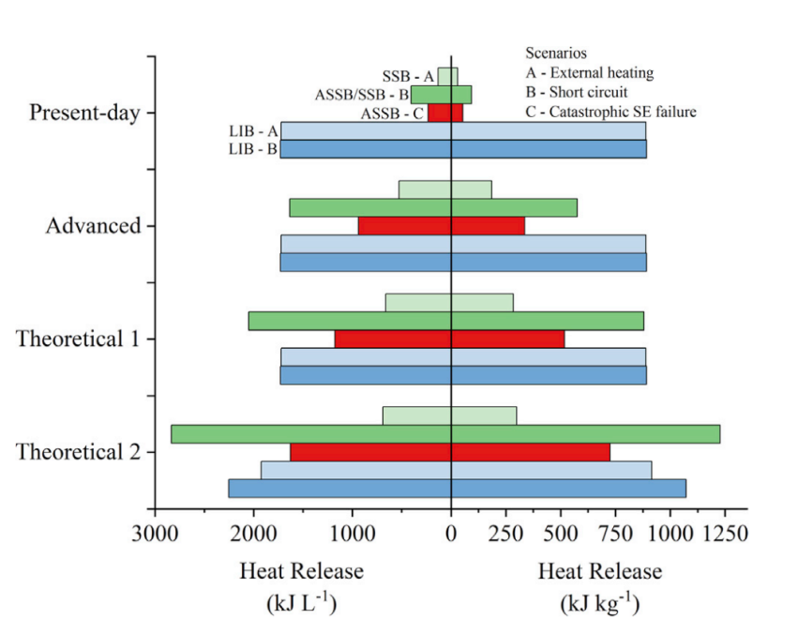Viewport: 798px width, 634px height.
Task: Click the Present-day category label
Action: tap(84, 113)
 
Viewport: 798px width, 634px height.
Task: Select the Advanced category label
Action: tap(94, 226)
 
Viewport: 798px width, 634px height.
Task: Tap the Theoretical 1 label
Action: tap(78, 339)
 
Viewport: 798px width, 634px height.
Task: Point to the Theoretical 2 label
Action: tap(78, 452)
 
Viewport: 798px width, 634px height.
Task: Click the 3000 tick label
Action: tap(156, 534)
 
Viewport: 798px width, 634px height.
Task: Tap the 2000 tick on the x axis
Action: tap(254, 534)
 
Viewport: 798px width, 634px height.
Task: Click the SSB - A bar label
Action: tap(408, 76)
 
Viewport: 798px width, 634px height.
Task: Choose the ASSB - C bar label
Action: tap(392, 113)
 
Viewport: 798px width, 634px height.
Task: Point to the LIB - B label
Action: tap(252, 149)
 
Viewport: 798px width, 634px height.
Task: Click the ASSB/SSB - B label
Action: tap(361, 95)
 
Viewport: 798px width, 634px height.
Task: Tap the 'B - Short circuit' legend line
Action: tap(577, 92)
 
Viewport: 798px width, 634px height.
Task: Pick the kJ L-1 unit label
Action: tap(301, 604)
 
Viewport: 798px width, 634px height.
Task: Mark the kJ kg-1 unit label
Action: tap(599, 604)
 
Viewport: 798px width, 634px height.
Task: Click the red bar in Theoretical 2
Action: tap(450, 452)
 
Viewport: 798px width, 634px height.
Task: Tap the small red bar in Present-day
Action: tap(445, 113)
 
